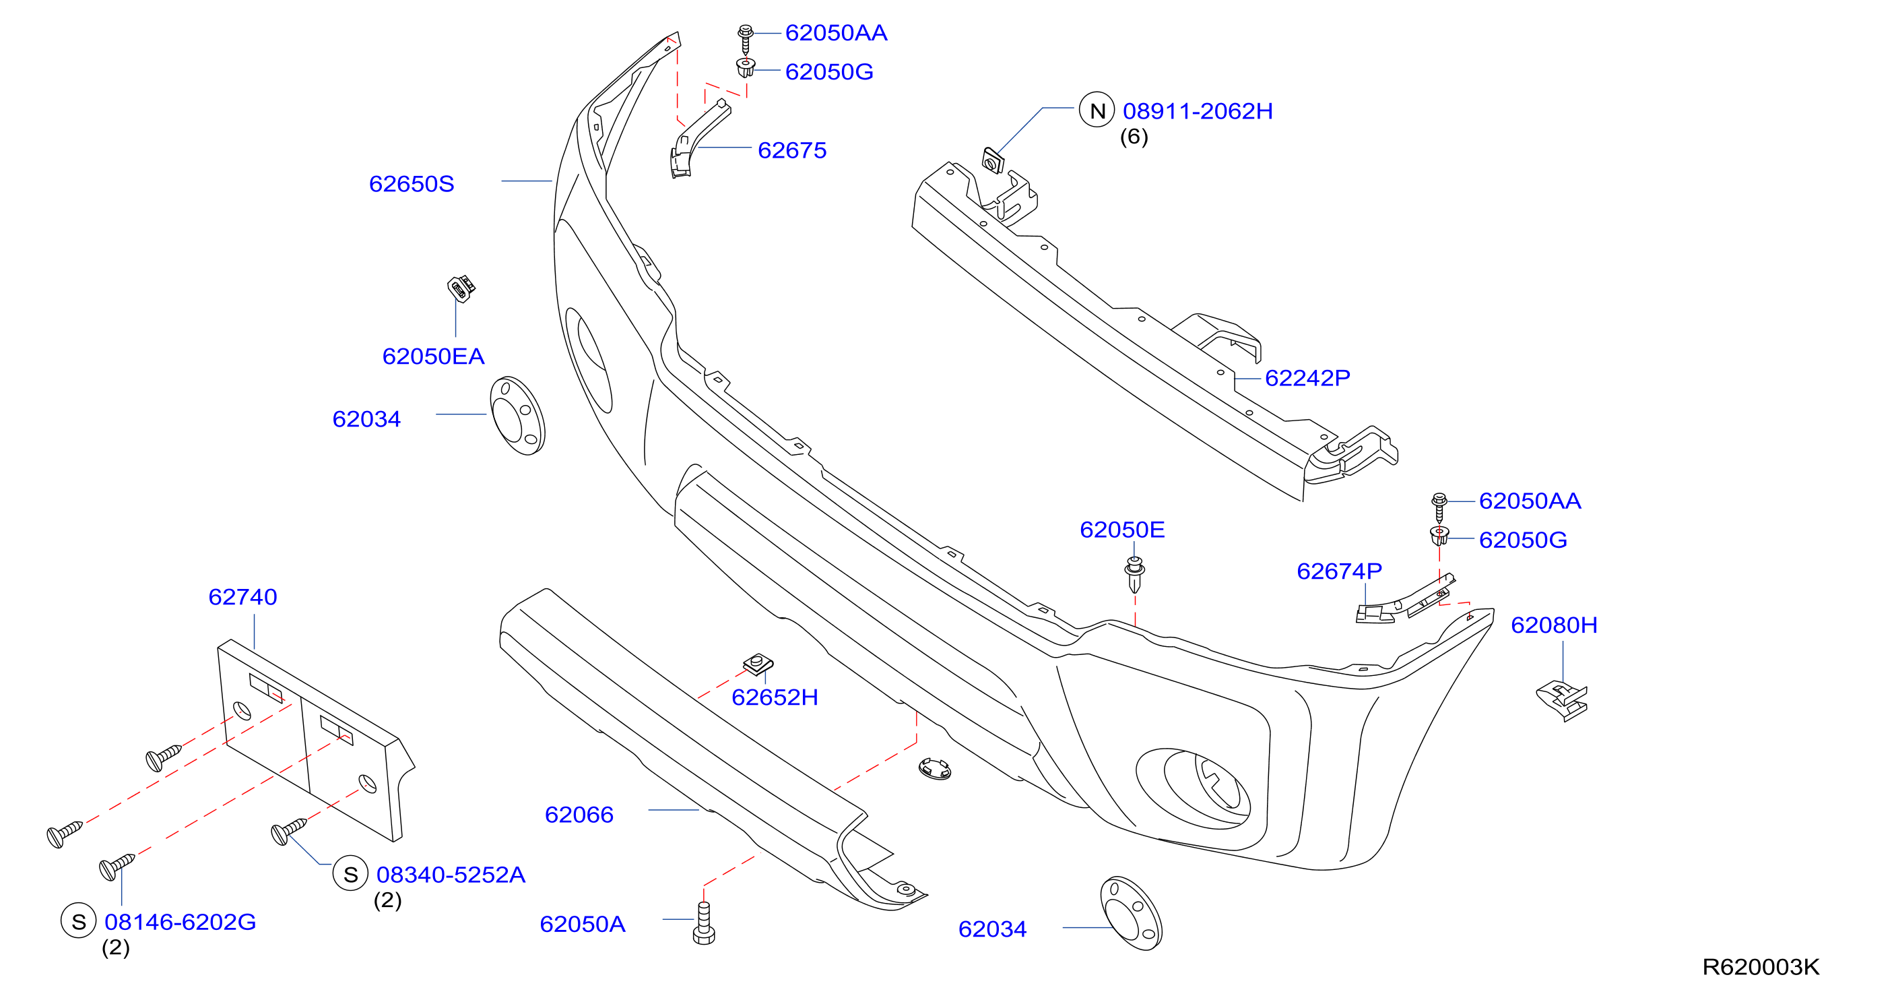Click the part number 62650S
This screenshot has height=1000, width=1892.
(412, 184)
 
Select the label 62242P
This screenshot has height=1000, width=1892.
(1307, 377)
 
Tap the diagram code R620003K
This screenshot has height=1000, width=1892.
(1761, 966)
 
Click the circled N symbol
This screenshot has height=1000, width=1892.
(1097, 111)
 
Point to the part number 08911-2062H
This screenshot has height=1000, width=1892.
(1198, 111)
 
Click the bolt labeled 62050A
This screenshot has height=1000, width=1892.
(704, 924)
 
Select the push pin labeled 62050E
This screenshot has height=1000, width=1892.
(1135, 575)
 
